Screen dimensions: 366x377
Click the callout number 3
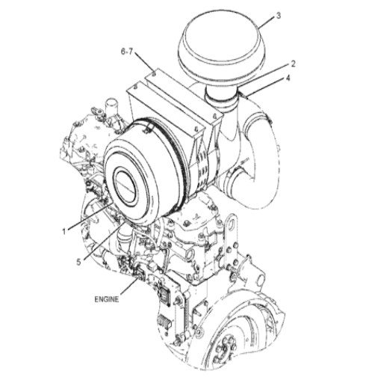(279, 16)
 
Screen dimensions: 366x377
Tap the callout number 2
(293, 64)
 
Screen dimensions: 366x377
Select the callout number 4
(288, 78)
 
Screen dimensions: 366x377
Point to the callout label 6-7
(127, 52)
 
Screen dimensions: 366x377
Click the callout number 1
(64, 232)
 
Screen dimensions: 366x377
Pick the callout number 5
(78, 262)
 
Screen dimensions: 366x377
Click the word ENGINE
(107, 299)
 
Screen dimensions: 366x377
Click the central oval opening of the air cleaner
(125, 186)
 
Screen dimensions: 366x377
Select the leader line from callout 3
(266, 22)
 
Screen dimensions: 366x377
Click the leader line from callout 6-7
(145, 62)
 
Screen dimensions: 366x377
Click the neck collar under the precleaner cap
(221, 99)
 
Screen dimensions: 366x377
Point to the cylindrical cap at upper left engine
(112, 107)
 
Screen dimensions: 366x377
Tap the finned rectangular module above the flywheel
(164, 320)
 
